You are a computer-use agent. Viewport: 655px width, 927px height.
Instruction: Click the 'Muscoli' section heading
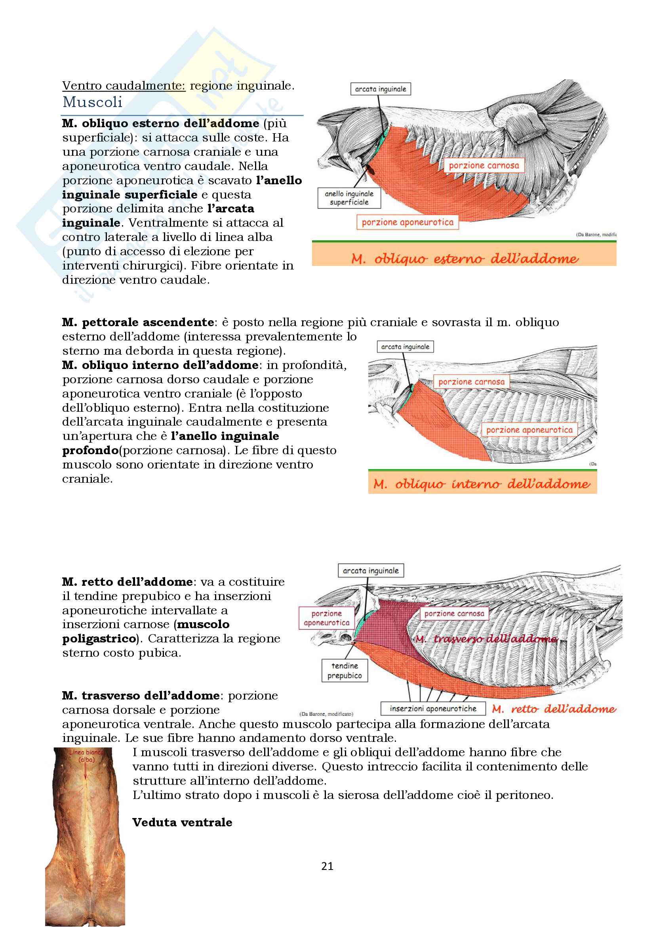92,102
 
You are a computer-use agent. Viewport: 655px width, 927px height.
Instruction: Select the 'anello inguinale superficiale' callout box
349,198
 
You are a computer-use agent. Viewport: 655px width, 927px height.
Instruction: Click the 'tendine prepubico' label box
345,671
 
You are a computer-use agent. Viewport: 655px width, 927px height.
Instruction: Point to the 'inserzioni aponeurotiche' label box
433,709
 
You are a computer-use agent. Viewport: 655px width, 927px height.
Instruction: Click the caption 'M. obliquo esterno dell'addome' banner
464,258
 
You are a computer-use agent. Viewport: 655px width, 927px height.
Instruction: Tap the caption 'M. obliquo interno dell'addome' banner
482,483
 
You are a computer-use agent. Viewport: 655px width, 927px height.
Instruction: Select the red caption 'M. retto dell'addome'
554,709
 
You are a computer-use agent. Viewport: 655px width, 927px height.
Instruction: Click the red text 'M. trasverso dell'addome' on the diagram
486,639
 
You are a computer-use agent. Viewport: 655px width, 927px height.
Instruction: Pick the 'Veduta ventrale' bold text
182,822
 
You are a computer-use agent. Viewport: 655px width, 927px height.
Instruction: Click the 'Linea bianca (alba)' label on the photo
86,756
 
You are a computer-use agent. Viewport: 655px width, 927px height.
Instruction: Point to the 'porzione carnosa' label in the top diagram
484,166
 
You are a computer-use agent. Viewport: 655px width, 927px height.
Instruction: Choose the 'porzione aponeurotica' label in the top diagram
407,222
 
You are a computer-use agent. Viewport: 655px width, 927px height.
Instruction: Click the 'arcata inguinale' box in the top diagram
380,89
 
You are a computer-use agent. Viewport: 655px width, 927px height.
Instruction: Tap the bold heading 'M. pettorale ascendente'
138,322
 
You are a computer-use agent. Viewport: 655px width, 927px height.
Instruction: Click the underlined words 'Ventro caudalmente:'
124,86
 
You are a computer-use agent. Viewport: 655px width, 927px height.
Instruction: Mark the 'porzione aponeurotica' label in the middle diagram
529,430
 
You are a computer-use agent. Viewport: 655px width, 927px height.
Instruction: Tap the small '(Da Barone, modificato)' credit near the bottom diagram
326,714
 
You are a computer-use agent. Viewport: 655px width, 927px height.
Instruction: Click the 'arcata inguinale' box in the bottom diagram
371,570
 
